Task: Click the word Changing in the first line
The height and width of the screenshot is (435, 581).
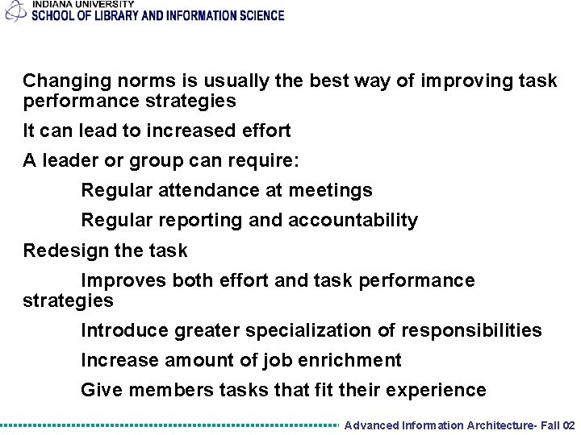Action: [x=59, y=81]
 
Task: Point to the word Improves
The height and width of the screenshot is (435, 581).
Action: [x=120, y=280]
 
